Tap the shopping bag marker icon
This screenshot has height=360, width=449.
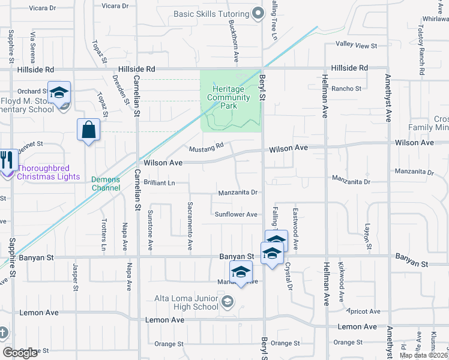[88, 130]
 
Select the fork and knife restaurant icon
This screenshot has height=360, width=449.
[7, 161]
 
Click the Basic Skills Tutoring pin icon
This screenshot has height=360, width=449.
[258, 13]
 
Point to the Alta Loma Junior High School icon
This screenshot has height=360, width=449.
[227, 301]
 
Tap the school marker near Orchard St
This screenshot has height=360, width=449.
[59, 93]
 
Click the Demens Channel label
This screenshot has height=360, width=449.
[106, 183]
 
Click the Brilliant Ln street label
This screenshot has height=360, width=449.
[159, 182]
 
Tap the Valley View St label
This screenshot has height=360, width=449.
[356, 45]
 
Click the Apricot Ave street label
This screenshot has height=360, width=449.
[363, 311]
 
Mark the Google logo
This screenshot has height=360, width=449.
[20, 353]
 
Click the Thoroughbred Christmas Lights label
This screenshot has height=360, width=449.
[48, 172]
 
